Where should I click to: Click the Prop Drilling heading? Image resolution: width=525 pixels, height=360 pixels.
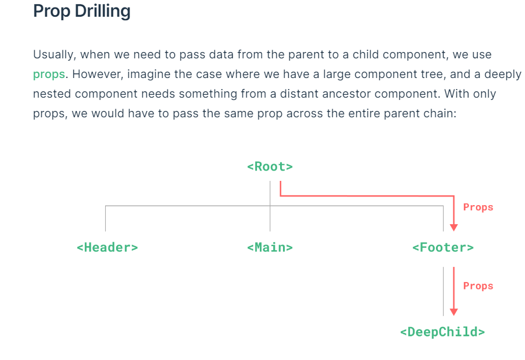point(81,12)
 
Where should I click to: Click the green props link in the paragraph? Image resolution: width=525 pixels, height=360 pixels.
point(49,75)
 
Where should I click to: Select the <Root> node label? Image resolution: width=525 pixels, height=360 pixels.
point(270,166)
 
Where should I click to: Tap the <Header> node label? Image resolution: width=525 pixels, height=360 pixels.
point(107,247)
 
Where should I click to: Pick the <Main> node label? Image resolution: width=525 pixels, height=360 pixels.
point(270,247)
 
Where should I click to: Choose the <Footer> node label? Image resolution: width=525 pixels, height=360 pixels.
point(443,247)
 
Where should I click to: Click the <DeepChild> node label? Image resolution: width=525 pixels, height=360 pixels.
point(442,332)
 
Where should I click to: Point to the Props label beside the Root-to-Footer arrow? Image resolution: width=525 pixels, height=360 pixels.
point(478,207)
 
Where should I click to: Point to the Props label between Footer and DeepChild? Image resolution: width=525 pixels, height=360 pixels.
point(478,285)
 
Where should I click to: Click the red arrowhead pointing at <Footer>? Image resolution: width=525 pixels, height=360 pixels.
point(454,227)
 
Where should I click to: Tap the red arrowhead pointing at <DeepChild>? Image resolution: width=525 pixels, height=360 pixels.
point(454,311)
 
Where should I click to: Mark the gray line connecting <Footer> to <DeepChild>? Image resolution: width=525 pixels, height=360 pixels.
point(444,291)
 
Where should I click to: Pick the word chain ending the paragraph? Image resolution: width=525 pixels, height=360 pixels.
point(441,113)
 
